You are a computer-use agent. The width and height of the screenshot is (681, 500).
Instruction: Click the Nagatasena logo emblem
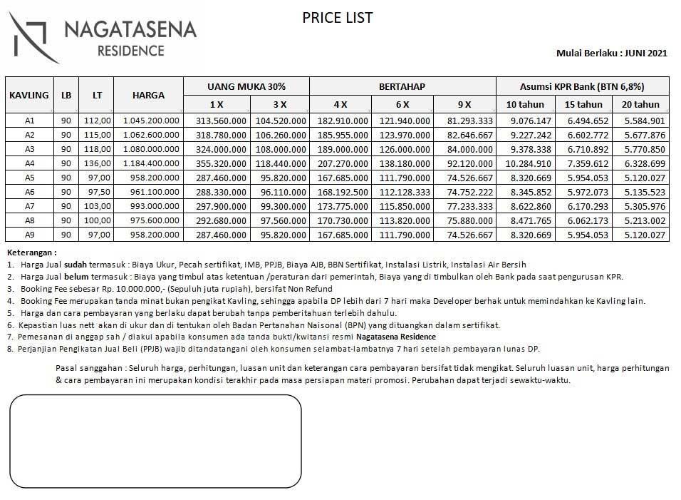tap(33, 38)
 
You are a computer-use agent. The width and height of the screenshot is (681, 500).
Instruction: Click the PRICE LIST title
tap(338, 18)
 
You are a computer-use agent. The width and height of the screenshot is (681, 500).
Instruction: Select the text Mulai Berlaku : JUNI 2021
tap(611, 53)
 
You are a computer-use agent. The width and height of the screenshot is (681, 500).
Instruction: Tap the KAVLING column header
tap(29, 95)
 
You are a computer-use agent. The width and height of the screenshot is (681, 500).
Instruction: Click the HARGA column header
tap(148, 95)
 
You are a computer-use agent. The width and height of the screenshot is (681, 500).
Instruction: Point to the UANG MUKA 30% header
tap(246, 86)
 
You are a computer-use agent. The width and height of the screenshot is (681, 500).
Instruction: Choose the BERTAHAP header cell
tap(402, 86)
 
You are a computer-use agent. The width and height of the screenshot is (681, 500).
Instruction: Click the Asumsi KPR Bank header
tap(582, 86)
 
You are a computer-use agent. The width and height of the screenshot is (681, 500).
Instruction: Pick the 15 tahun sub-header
tap(583, 104)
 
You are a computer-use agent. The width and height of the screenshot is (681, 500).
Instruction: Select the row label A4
tap(29, 163)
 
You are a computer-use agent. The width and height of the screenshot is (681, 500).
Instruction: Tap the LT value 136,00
tap(98, 163)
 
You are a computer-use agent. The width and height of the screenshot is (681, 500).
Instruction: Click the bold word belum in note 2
tap(76, 276)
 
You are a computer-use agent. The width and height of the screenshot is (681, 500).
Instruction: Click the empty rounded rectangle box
tap(155, 442)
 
